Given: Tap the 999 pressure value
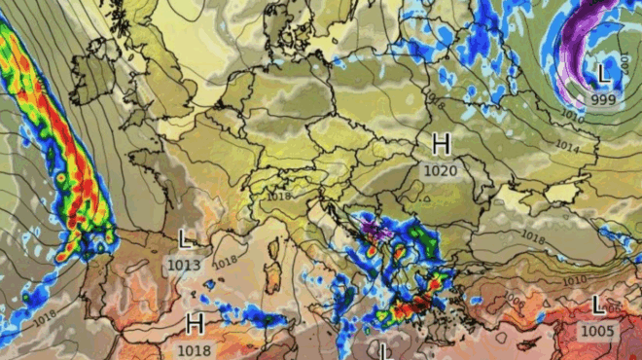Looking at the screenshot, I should pos(602,99).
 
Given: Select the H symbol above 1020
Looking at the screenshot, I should pos(441,145).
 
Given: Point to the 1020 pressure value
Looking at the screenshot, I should pos(440,170).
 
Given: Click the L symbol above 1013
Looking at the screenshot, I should pos(185,238).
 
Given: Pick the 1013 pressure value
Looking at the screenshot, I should pos(184,264).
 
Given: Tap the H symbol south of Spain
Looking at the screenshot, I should pos(195,322).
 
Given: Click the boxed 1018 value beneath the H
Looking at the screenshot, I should pos(194,347).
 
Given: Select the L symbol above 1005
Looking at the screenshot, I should pos(598,306).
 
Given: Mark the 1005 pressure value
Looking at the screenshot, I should pos(597,331).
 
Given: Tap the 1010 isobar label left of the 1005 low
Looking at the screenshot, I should pos(574,280).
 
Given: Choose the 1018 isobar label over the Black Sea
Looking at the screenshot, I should pos(532,235).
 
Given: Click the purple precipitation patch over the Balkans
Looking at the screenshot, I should pos(374,232).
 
